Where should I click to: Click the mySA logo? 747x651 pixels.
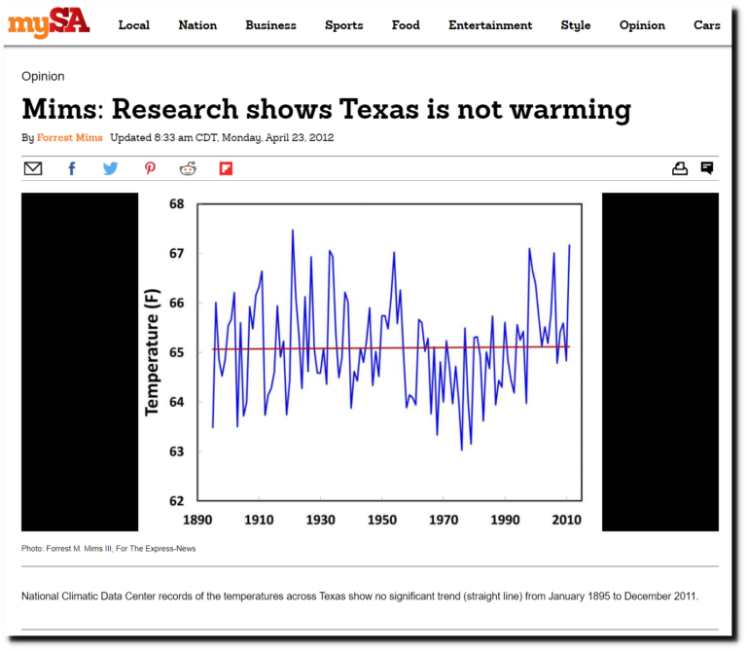(x=49, y=22)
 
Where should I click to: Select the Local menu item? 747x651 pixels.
(x=134, y=25)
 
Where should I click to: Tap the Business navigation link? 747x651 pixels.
(x=270, y=25)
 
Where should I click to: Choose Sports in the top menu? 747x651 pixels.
(x=343, y=25)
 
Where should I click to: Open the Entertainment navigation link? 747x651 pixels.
(x=490, y=25)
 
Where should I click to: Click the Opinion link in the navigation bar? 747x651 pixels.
(x=642, y=25)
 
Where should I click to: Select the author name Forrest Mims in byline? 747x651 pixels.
(x=70, y=138)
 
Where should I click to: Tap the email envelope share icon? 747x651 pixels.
(x=33, y=168)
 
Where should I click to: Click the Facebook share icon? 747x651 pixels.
(x=72, y=168)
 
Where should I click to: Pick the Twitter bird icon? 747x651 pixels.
(x=110, y=168)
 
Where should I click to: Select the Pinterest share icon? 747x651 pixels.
(x=150, y=168)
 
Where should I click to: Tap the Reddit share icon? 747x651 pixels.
(x=188, y=168)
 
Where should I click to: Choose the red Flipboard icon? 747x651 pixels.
(x=226, y=168)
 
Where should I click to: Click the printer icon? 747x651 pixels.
(x=680, y=168)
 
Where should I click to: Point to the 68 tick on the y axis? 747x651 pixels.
(x=176, y=204)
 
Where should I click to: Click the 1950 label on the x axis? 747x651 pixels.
(x=382, y=520)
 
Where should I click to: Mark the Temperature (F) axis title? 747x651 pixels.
(x=153, y=352)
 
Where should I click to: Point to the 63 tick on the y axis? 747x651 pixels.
(x=176, y=452)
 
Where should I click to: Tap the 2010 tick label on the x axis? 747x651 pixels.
(x=568, y=520)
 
